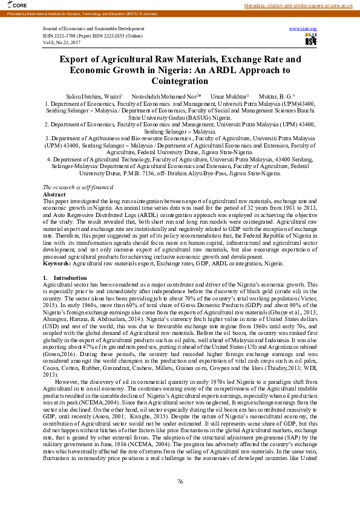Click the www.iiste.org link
(x=303, y=28)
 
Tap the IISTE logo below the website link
(x=311, y=40)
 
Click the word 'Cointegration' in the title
(x=180, y=80)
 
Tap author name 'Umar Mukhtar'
(x=224, y=96)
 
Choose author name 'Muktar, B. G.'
(x=276, y=96)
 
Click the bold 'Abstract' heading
(x=54, y=178)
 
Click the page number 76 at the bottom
(x=180, y=481)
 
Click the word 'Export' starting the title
(x=75, y=60)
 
